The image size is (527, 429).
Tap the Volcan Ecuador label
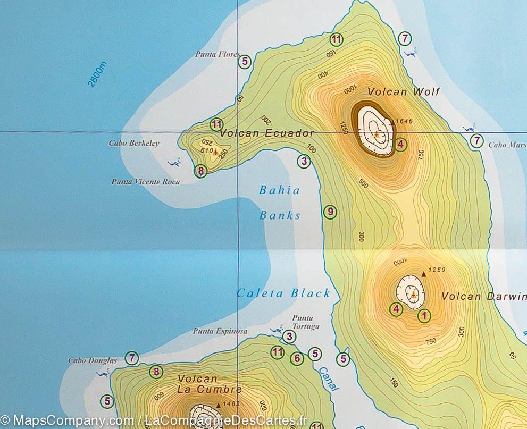point(267,133)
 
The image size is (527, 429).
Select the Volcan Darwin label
point(483,297)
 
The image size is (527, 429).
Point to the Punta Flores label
point(215,54)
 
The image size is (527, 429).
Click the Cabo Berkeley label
point(134,143)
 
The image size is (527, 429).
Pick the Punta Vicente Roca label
point(145,182)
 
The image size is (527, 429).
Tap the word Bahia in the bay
point(279,190)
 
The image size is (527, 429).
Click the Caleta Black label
point(283,293)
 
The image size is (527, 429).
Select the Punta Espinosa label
point(220,331)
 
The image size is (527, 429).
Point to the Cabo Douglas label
point(92,360)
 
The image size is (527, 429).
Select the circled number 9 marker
point(330,212)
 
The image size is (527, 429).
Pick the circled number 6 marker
point(297,358)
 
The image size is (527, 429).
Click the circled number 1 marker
point(424,316)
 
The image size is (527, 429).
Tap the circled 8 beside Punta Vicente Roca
point(200,171)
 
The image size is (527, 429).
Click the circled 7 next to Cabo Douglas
point(132,358)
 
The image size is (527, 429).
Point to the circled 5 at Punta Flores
point(245,62)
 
